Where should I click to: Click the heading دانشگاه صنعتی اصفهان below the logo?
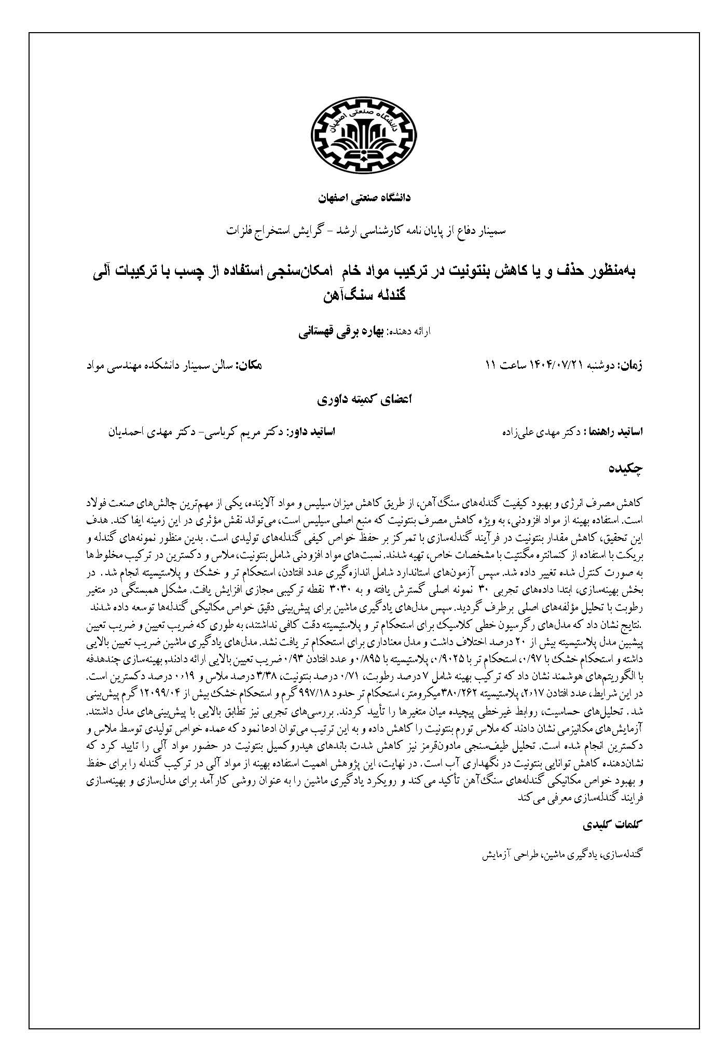[x=364, y=199]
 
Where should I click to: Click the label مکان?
[x=250, y=365]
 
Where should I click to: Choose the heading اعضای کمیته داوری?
[x=364, y=400]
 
